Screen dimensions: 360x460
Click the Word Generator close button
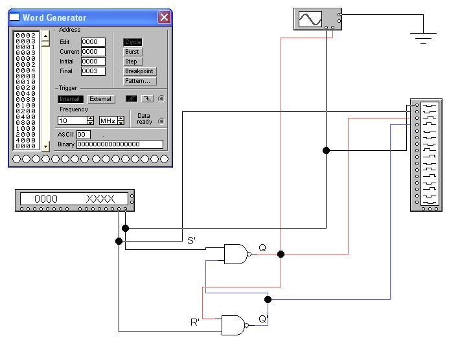(x=164, y=17)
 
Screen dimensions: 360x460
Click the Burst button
(x=132, y=52)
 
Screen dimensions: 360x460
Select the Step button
(x=132, y=62)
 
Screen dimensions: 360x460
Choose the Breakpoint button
(x=140, y=71)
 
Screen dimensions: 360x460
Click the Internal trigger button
(x=70, y=99)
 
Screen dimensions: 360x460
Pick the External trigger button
(x=100, y=99)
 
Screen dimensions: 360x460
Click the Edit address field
(x=93, y=42)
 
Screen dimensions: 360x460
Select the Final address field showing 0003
(x=93, y=71)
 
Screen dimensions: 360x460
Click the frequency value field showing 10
(x=71, y=120)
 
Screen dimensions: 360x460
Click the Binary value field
(x=119, y=144)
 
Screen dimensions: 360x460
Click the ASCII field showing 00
(x=84, y=135)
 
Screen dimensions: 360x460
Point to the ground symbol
(x=424, y=37)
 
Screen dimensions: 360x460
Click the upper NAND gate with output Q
(x=236, y=254)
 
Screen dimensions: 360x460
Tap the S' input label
(x=191, y=241)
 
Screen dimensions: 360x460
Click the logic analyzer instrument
(x=426, y=155)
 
